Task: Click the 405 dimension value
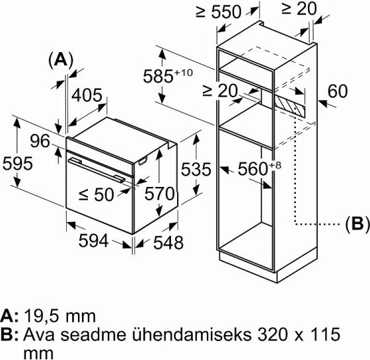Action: [x=87, y=96]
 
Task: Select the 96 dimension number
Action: [x=40, y=141]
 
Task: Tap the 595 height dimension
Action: [x=18, y=164]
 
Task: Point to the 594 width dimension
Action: [x=94, y=241]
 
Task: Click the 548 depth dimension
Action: [x=168, y=242]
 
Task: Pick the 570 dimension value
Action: [x=159, y=194]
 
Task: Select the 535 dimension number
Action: [x=196, y=169]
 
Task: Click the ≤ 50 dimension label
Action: [x=96, y=195]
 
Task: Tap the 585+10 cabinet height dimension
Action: [x=168, y=76]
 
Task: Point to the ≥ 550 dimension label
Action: [x=219, y=12]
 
